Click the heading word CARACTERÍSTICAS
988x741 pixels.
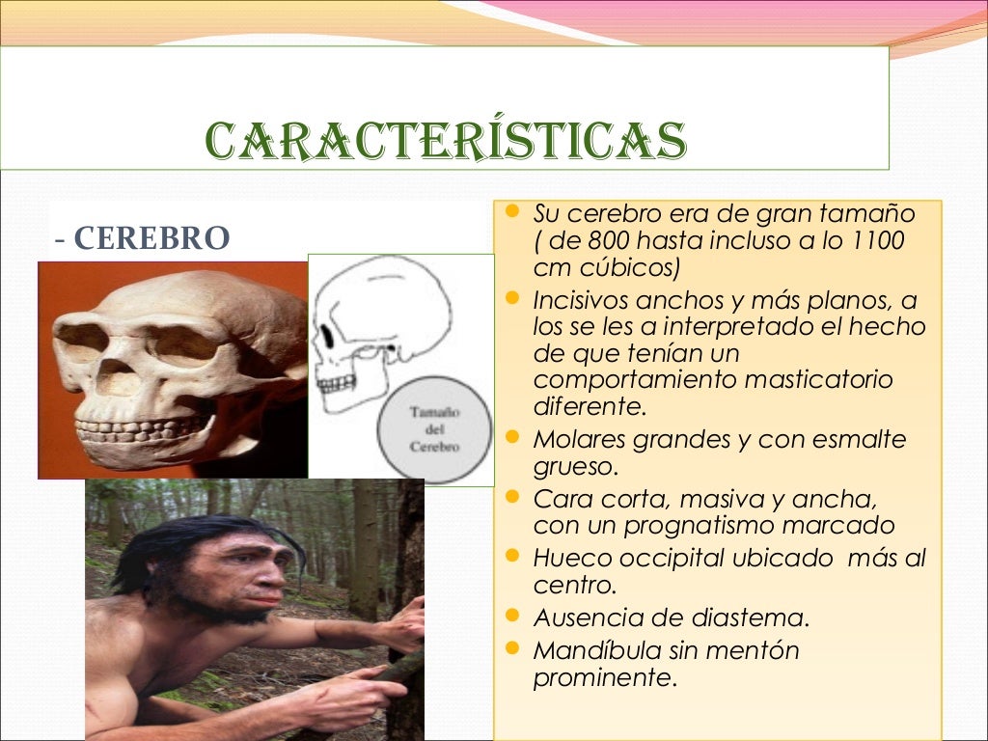click(446, 141)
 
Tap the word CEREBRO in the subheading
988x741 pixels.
click(151, 237)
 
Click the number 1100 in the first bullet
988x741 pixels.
click(877, 240)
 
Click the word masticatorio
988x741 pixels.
click(819, 379)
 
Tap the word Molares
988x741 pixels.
click(579, 440)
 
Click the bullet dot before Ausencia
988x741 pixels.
click(511, 616)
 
